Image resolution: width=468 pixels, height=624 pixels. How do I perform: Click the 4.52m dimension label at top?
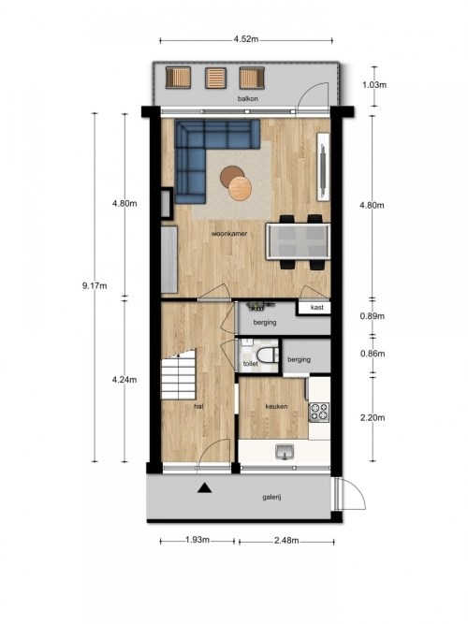(246, 39)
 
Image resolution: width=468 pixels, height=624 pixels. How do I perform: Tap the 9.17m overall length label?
(95, 285)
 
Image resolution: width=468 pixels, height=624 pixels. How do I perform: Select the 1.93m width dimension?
(197, 540)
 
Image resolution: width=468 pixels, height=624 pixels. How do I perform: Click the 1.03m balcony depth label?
(374, 85)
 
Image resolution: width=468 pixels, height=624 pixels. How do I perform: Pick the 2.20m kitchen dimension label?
(373, 417)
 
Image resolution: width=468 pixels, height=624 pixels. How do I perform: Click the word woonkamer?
(229, 234)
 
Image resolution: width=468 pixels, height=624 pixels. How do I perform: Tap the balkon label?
(248, 98)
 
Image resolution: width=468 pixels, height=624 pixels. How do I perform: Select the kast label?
(317, 307)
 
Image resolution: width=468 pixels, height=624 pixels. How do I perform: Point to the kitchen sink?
(285, 452)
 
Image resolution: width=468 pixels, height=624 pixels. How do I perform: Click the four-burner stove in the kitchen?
(319, 413)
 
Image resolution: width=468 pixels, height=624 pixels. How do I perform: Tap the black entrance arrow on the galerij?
(205, 487)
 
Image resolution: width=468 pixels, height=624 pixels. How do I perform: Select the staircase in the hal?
(179, 374)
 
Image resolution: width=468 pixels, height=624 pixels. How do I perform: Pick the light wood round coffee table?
(241, 188)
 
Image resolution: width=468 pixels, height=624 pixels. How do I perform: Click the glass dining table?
(298, 241)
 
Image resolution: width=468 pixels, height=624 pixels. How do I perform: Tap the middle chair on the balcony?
(216, 78)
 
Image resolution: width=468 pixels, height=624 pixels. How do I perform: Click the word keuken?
(276, 406)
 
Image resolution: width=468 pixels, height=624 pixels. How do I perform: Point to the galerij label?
(272, 497)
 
